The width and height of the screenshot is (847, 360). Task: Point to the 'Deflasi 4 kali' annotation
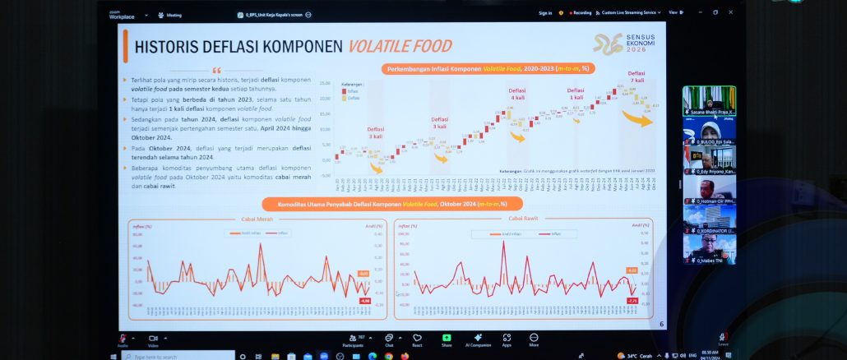pos(517,95)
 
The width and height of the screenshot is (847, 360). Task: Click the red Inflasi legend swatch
pos(344,92)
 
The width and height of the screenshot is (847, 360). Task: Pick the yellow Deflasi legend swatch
pos(344,98)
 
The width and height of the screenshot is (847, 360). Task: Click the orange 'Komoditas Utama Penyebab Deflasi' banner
pos(385,203)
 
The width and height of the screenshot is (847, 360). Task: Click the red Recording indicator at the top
pos(581,13)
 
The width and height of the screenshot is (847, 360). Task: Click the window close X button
pos(729,12)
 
